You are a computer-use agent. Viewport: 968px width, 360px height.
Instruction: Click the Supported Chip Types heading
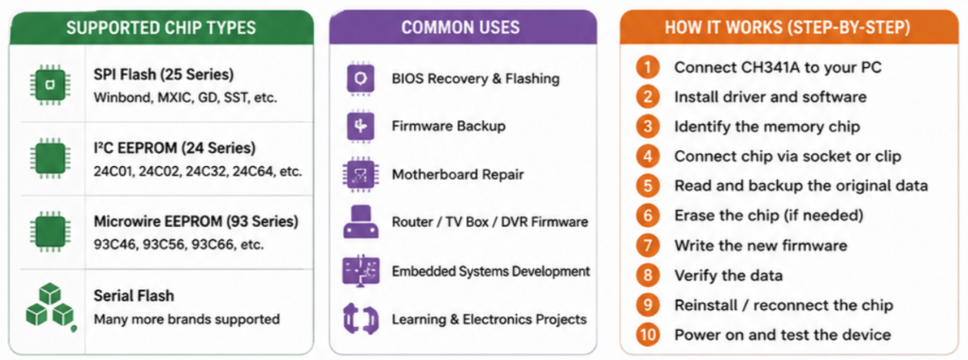[x=161, y=27]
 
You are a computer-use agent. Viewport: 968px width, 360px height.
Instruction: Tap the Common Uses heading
[x=460, y=27]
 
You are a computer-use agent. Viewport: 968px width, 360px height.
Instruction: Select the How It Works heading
[x=786, y=27]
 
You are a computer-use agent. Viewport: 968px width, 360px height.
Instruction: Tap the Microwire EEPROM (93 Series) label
[x=197, y=222]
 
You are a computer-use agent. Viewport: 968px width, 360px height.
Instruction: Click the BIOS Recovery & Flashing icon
[x=361, y=78]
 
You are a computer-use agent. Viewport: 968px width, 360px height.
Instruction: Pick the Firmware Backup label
[x=449, y=126]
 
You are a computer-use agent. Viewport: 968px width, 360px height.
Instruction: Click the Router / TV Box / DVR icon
[x=361, y=222]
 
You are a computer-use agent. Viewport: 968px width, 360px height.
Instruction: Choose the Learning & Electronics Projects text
[x=489, y=319]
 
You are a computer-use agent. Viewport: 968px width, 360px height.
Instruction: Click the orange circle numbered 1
[x=648, y=67]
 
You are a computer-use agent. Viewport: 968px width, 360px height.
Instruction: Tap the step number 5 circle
[x=648, y=185]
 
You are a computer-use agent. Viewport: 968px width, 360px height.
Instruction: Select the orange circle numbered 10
[x=648, y=334]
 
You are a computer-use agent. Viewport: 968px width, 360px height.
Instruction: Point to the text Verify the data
[x=729, y=275]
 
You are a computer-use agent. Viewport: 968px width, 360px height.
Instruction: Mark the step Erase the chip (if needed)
[x=769, y=215]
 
